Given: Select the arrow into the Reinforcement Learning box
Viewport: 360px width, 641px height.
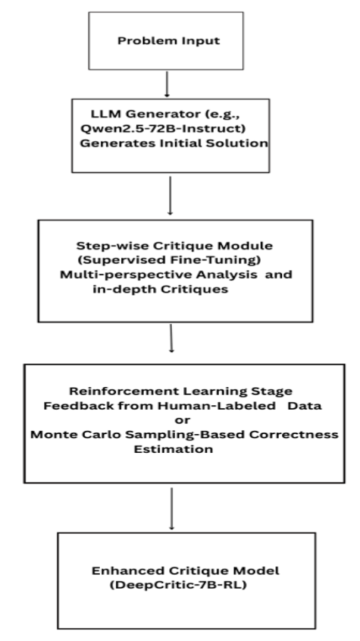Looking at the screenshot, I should tap(171, 341).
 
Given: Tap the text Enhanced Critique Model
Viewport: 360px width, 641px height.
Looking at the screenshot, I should tap(186, 570).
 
